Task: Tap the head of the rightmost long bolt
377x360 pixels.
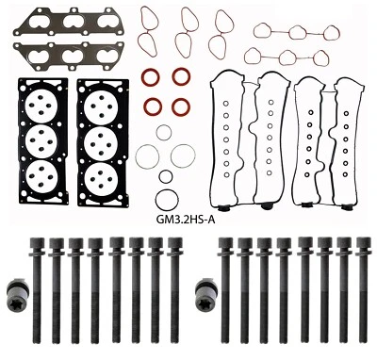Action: coord(364,247)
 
